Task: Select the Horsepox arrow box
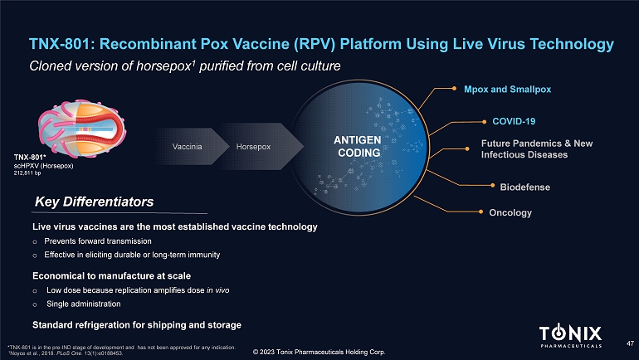pos(253,147)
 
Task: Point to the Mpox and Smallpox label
pos(507,89)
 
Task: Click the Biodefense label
pos(520,187)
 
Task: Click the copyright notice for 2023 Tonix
pos(319,353)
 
